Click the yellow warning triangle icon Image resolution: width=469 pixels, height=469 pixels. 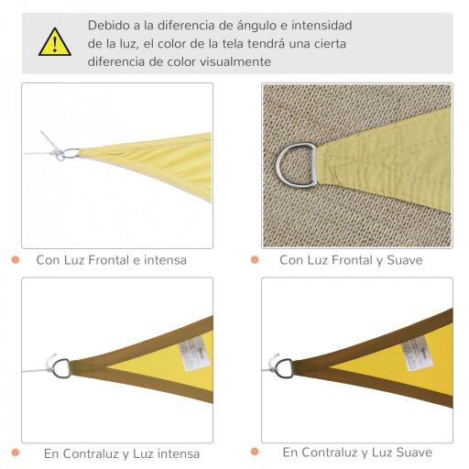54,42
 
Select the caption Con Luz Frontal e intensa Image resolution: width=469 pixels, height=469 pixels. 111,260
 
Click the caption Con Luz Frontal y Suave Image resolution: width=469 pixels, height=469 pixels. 351,260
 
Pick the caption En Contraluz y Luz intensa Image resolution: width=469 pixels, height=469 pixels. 121,453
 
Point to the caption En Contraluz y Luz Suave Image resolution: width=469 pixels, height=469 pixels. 357,453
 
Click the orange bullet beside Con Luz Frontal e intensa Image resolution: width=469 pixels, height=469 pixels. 16,260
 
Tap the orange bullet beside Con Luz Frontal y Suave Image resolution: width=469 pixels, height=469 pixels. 255,260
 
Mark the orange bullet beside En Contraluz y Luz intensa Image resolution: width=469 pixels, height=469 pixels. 16,453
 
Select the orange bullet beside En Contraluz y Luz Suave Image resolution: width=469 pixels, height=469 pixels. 255,453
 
